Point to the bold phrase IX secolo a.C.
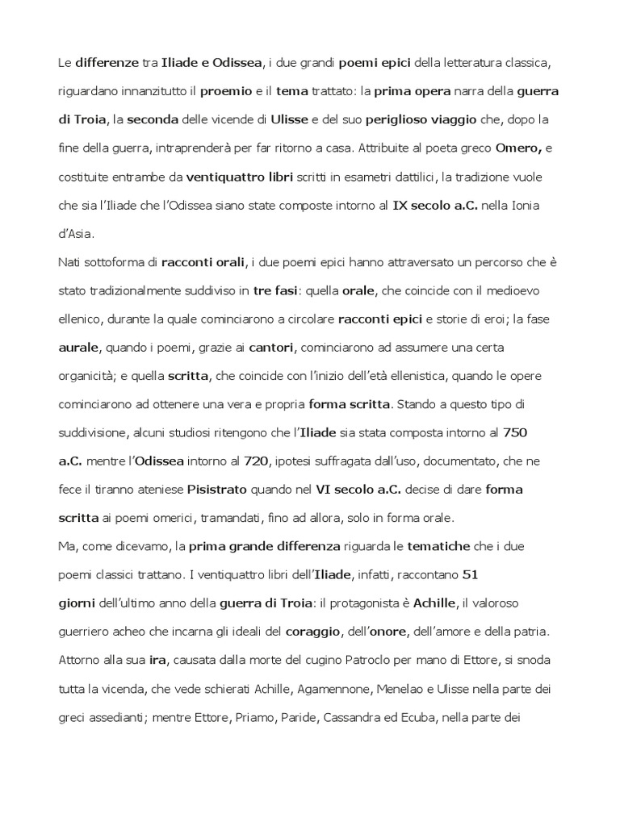click(435, 206)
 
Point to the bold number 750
click(514, 432)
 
